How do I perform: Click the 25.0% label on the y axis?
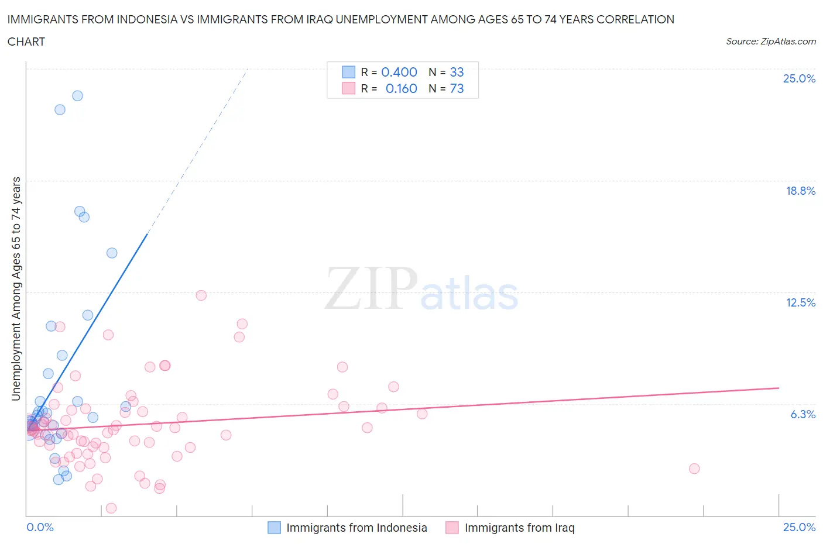[799, 79]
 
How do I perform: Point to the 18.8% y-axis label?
[800, 191]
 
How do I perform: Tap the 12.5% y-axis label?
[800, 302]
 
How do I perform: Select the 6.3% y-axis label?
[803, 414]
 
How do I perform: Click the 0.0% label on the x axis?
[40, 528]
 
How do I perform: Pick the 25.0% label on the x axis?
[799, 528]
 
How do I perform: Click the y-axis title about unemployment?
[16, 289]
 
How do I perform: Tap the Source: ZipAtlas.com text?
[770, 42]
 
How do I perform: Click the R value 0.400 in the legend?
[399, 72]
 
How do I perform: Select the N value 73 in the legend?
[457, 88]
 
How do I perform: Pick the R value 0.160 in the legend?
[401, 88]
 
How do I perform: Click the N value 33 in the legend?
[457, 72]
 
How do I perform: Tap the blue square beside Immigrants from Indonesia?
[274, 528]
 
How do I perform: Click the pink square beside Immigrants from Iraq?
[452, 528]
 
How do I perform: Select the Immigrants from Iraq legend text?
[519, 528]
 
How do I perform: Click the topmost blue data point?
[77, 96]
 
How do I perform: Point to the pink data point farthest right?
[694, 469]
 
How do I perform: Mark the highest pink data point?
[201, 295]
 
